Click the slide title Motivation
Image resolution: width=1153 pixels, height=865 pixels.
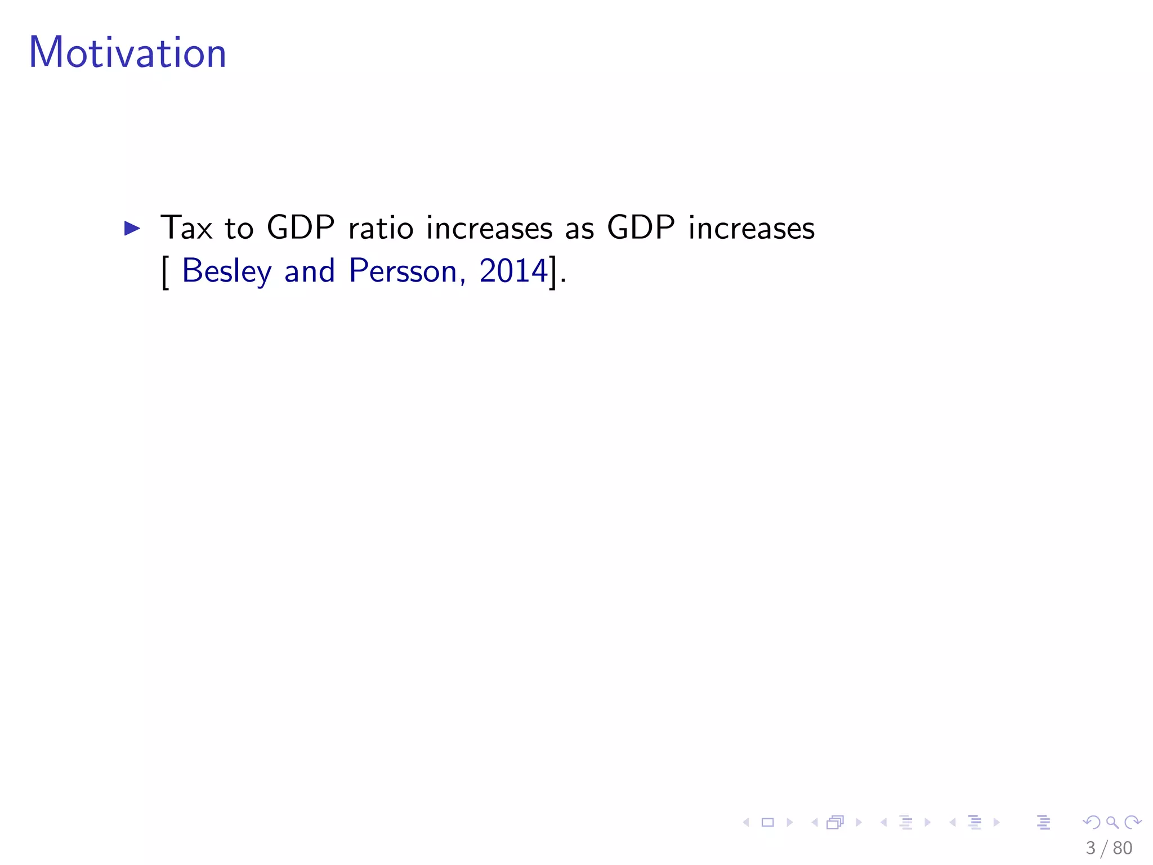127,53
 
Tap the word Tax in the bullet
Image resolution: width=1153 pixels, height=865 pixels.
186,228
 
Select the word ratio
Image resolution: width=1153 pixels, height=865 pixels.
381,228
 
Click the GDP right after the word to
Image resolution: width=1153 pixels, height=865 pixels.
301,228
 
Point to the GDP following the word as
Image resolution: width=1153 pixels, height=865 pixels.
641,228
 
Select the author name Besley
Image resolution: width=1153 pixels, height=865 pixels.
227,271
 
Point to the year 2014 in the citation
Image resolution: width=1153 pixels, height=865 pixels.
513,271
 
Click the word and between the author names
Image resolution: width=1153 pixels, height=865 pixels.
310,271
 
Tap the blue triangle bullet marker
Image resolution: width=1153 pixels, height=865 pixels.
132,228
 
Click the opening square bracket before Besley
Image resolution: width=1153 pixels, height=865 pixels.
165,272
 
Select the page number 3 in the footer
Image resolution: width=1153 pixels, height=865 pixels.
1091,848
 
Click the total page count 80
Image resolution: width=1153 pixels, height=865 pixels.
1123,848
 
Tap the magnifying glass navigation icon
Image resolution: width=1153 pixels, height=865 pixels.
1112,823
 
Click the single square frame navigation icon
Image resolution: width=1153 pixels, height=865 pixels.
767,823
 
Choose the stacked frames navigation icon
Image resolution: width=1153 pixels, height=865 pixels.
835,823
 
